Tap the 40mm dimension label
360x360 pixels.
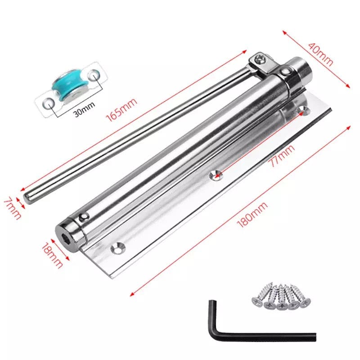(320, 54)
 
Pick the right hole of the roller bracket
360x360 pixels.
(94, 74)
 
